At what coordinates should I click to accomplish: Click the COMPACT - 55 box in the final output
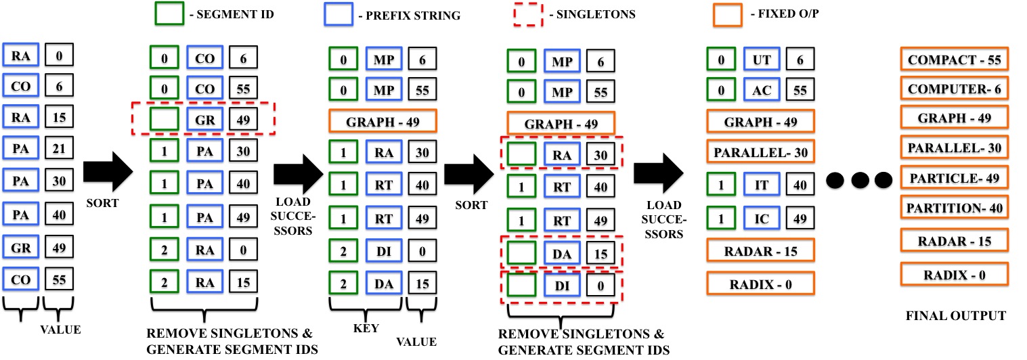point(954,60)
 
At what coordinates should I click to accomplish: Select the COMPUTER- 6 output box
point(954,89)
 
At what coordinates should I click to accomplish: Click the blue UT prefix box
point(760,60)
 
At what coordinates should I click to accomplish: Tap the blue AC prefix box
point(760,89)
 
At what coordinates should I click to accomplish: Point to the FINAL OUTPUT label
point(955,316)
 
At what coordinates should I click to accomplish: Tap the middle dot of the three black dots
point(860,180)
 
